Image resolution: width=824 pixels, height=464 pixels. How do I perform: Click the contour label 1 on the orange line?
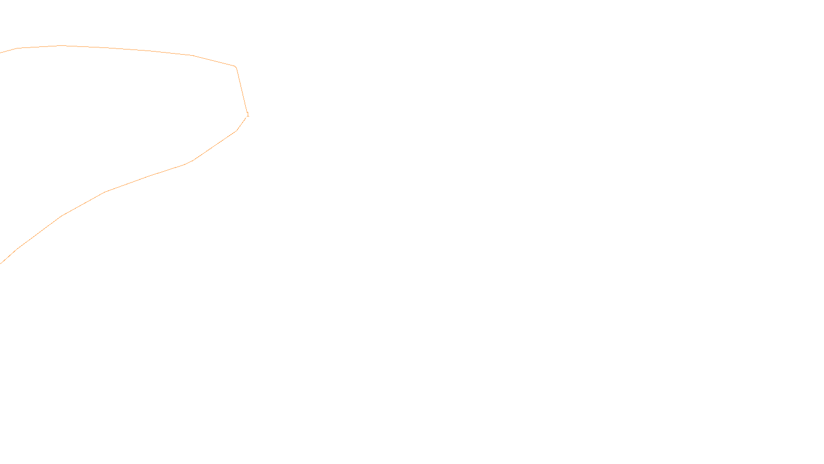point(248,114)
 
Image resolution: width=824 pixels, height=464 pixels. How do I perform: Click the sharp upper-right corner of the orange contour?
point(235,67)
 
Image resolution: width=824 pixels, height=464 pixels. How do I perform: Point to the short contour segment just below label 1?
point(241,124)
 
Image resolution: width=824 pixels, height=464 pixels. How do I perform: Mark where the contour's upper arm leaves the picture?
point(1,52)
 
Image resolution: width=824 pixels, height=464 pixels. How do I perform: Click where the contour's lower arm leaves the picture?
point(1,263)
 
